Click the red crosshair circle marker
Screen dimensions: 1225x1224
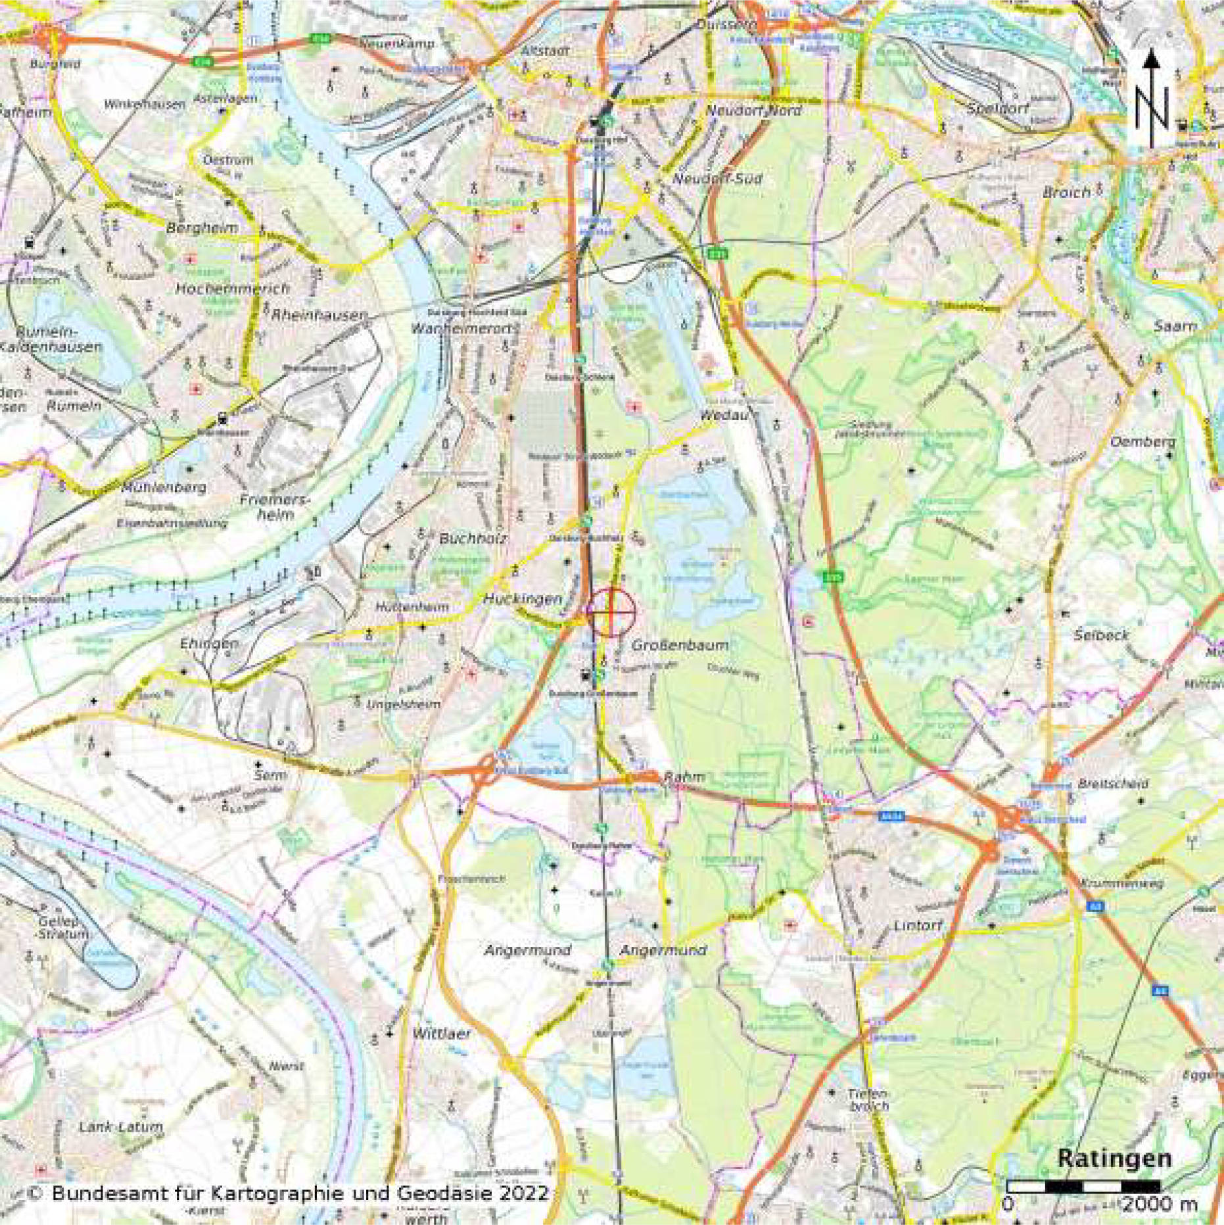pos(611,612)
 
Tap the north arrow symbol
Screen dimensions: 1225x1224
pos(1150,99)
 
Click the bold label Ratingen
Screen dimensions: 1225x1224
pos(1114,1158)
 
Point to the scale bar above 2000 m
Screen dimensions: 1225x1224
pos(1083,1186)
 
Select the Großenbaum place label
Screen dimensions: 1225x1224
pos(680,646)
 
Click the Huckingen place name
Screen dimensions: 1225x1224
pos(523,598)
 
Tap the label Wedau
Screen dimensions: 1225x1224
pos(722,416)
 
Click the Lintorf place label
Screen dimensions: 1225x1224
pos(918,925)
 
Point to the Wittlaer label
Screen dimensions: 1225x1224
pos(442,1034)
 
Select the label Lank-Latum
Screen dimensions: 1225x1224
pos(120,1126)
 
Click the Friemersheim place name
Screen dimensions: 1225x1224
pos(274,507)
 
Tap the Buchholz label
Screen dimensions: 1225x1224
pos(473,539)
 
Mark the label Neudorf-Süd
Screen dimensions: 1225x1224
pos(717,179)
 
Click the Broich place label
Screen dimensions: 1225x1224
pos(1066,193)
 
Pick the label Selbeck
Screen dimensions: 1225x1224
pos(1101,635)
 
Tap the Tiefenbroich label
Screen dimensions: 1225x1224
pos(868,1099)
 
